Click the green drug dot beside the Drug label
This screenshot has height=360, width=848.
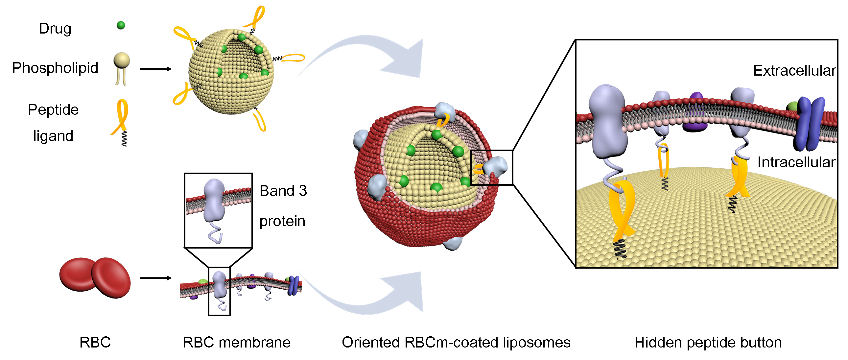pos(121,25)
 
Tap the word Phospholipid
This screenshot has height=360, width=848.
pos(55,68)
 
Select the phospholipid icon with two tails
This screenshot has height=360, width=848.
pos(122,68)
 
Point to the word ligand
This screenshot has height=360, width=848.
pos(53,136)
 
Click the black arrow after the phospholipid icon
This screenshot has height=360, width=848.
pos(156,69)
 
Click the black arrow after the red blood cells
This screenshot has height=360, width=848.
pos(156,278)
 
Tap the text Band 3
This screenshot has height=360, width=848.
pos(283,191)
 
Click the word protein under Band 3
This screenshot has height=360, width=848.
pos(282,221)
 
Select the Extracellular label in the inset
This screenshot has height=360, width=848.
pos(794,70)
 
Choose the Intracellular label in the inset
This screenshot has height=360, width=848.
pos(796,162)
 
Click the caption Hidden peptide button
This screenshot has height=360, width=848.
pos(708,342)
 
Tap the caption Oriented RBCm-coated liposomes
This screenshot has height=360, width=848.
pos(456,342)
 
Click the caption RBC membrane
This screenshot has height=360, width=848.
pos(236,342)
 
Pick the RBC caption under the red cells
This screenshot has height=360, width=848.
pos(95,342)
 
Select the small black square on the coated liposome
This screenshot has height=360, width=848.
pos(491,168)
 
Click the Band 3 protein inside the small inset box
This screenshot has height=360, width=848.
pos(214,201)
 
